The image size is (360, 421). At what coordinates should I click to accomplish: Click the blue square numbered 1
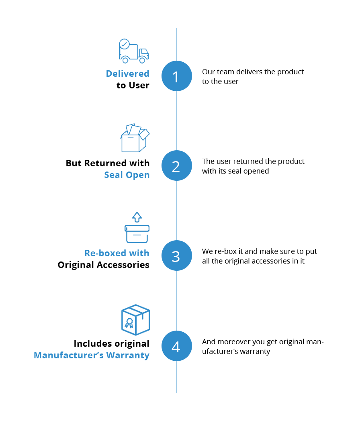click(177, 76)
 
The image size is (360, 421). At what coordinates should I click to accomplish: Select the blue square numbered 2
click(177, 166)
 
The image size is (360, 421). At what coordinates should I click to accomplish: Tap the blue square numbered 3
click(177, 255)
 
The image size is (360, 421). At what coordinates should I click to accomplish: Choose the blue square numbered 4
click(177, 346)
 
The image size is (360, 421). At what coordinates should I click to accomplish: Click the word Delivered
click(127, 74)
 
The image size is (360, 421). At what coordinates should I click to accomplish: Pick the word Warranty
click(129, 356)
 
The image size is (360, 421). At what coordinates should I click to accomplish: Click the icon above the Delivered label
click(134, 51)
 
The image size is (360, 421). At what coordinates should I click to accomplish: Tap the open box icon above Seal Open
click(135, 138)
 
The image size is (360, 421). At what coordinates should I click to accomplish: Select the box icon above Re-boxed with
click(137, 227)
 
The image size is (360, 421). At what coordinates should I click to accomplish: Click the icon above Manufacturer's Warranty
click(135, 320)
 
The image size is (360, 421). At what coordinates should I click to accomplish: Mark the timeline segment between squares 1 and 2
click(177, 121)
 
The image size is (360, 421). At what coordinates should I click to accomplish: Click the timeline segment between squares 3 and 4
click(177, 300)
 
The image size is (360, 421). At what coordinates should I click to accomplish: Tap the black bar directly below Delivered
click(129, 84)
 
